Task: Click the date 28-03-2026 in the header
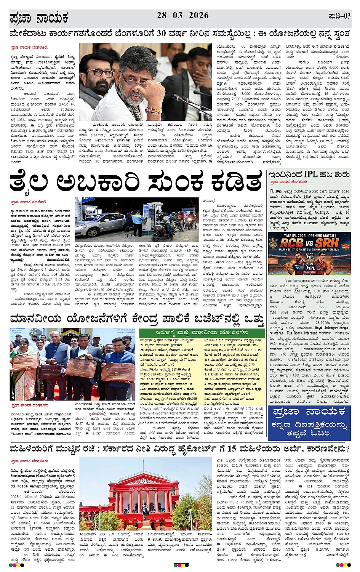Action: [x=183, y=16]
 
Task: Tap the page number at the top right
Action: [x=339, y=16]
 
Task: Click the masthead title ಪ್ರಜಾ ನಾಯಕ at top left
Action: [x=39, y=18]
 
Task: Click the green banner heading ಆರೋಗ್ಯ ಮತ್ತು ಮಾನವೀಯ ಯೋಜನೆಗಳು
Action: [x=202, y=333]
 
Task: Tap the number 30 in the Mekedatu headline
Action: [x=160, y=34]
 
